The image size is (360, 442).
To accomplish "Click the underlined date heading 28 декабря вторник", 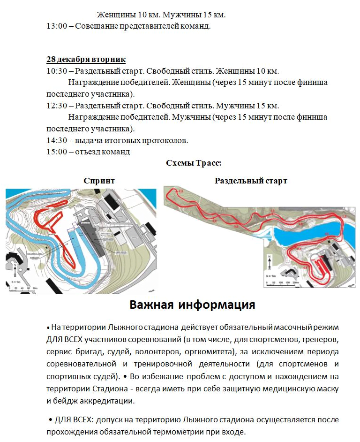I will tap(86, 60).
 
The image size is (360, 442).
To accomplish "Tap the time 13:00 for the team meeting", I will tap(57, 26).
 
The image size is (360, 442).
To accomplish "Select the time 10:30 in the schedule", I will tap(57, 71).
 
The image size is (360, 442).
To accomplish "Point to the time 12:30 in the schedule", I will tap(57, 106).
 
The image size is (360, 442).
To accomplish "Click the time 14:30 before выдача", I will tap(57, 140).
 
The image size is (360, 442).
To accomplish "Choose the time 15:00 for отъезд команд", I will tap(57, 152).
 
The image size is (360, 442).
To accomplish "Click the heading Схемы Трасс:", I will tap(193, 163).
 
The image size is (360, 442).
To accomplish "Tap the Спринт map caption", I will tap(99, 181).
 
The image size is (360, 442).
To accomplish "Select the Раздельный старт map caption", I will tap(251, 181).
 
